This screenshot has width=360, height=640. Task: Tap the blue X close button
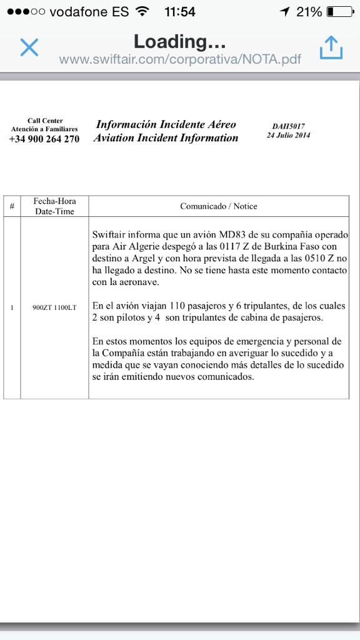(x=29, y=47)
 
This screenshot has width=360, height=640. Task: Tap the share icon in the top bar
(x=331, y=47)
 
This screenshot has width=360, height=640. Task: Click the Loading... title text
(x=179, y=42)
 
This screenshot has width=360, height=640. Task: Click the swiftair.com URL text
(x=180, y=59)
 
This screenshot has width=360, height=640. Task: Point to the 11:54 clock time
(x=180, y=12)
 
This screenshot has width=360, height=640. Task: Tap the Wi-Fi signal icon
(x=142, y=12)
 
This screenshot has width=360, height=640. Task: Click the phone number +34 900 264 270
(x=44, y=139)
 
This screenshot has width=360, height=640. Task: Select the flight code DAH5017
(x=288, y=126)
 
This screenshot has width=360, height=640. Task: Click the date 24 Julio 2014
(x=288, y=135)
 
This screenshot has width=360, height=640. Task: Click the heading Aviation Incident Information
(x=166, y=138)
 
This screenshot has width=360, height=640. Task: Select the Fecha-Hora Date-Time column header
(x=54, y=206)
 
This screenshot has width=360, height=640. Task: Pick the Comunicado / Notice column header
(x=219, y=206)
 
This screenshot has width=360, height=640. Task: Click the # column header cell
(x=12, y=206)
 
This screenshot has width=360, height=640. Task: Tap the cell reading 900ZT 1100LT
(x=54, y=307)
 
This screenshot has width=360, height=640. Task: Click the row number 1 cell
(x=12, y=307)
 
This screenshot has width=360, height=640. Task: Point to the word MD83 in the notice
(x=231, y=235)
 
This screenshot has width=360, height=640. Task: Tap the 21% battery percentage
(x=309, y=12)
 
